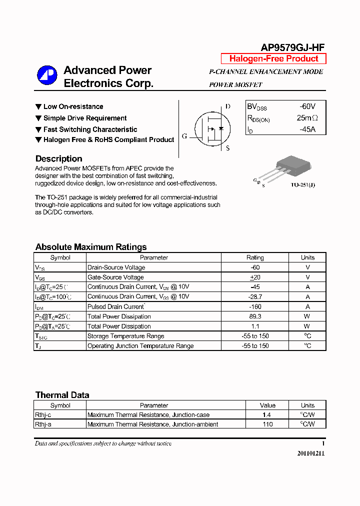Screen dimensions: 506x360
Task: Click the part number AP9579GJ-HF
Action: [292, 47]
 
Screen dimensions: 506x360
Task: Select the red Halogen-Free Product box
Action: [273, 58]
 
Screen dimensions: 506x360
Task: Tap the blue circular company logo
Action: [47, 76]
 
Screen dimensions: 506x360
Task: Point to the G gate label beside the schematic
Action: [184, 136]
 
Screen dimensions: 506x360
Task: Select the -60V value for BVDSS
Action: [307, 106]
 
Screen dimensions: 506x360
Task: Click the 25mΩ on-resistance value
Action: [307, 118]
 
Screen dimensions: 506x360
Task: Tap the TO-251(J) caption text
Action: [303, 185]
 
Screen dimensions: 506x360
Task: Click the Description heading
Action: [58, 159]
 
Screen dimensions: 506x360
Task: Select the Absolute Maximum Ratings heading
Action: [91, 247]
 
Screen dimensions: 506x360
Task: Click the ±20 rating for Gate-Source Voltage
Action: [255, 277]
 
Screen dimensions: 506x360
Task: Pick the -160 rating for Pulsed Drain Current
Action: [255, 306]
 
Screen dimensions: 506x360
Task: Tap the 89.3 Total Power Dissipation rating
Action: [255, 316]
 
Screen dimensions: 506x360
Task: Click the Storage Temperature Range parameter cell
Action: [125, 336]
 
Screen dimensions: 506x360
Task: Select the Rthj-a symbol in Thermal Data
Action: [42, 424]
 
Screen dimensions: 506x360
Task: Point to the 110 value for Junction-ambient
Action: [267, 424]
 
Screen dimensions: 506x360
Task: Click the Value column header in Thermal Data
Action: [267, 405]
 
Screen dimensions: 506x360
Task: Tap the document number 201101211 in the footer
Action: [310, 453]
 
